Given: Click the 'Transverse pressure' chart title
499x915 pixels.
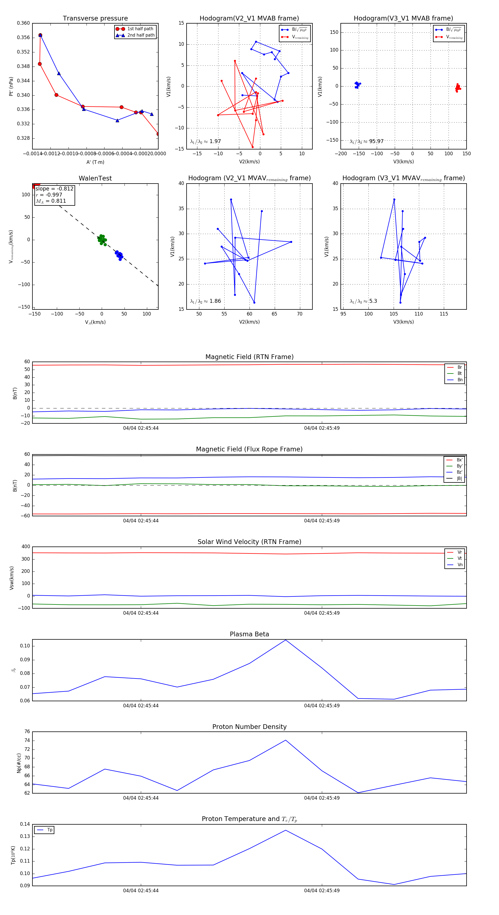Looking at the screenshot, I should pos(95,19).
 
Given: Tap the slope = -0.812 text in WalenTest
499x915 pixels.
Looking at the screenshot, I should pos(54,189).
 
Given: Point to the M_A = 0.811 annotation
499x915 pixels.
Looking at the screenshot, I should pos(51,201).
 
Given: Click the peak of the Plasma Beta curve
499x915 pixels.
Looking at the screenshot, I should pos(286,640).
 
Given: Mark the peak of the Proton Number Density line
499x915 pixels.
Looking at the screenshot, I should pos(286,740).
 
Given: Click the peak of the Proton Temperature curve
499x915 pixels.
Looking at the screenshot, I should pos(286,830).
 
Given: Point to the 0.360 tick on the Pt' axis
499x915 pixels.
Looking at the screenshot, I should pos(24,23).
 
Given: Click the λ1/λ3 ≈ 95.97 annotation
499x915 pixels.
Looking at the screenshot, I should pos(366,141).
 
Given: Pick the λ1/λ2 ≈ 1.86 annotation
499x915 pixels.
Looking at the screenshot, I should pos(205,301).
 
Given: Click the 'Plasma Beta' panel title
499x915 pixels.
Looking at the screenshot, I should pos(249,634).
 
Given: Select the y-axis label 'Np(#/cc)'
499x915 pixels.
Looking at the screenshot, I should pos(19,763).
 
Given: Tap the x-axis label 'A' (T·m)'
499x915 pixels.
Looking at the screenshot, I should pos(95,162).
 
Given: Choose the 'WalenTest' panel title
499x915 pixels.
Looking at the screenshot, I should pos(95,178).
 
